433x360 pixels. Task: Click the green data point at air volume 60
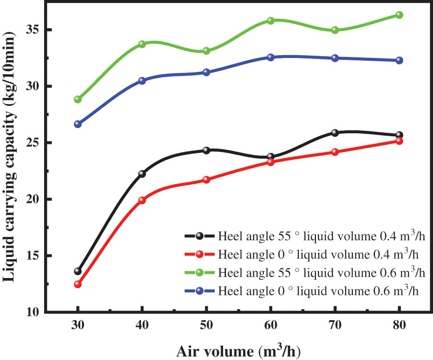(x=270, y=21)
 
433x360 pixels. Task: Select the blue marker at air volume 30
(x=78, y=124)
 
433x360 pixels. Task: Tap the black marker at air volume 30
(x=78, y=271)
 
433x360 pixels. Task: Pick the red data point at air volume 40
(x=142, y=200)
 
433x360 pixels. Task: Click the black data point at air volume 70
(x=335, y=133)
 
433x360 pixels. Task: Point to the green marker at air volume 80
(x=399, y=15)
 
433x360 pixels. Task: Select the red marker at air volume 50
(x=206, y=180)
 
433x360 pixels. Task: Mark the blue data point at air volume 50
(x=206, y=72)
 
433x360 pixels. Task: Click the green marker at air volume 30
(x=78, y=99)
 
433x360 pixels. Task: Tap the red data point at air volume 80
(x=399, y=141)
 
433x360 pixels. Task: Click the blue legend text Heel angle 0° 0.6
(x=321, y=290)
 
